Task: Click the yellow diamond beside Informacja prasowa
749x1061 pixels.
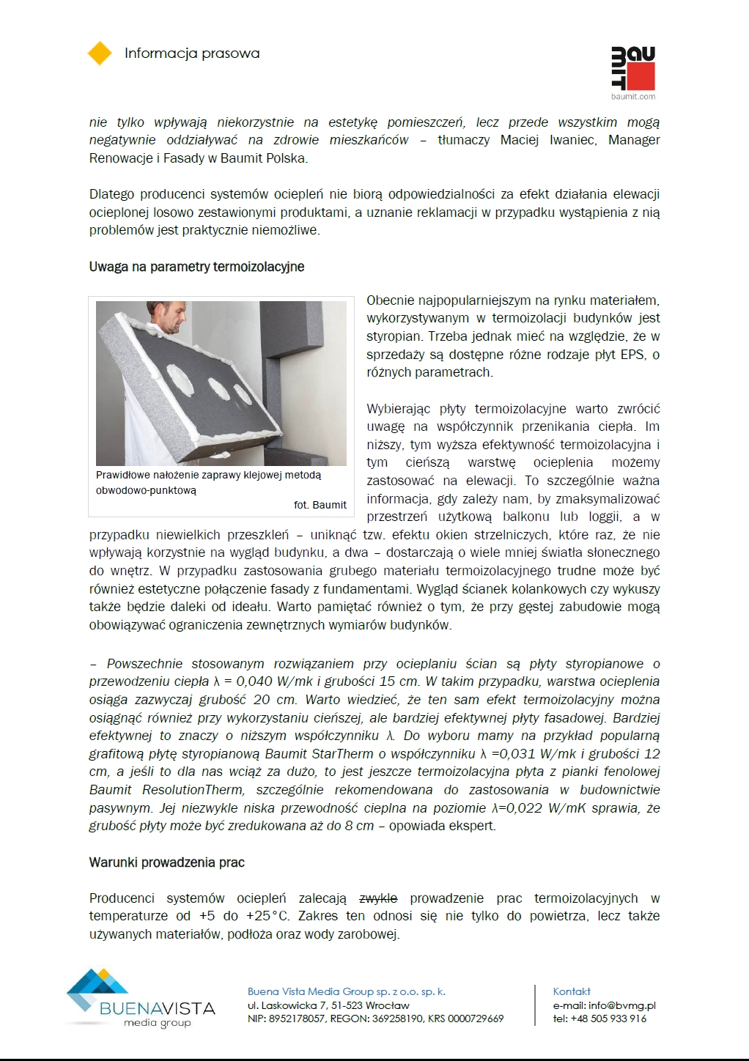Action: (x=100, y=53)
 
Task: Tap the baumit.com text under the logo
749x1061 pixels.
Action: (x=633, y=97)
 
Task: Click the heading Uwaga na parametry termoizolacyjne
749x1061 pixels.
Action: (x=196, y=267)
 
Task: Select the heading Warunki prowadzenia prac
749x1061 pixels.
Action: (x=167, y=862)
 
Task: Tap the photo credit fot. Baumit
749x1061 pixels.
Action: (x=320, y=505)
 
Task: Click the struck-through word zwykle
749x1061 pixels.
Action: (x=378, y=898)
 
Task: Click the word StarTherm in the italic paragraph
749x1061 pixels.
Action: (x=344, y=754)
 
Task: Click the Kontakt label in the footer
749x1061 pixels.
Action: (x=572, y=991)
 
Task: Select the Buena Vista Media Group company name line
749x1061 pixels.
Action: (x=346, y=991)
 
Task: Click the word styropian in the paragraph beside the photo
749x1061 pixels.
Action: (x=394, y=336)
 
